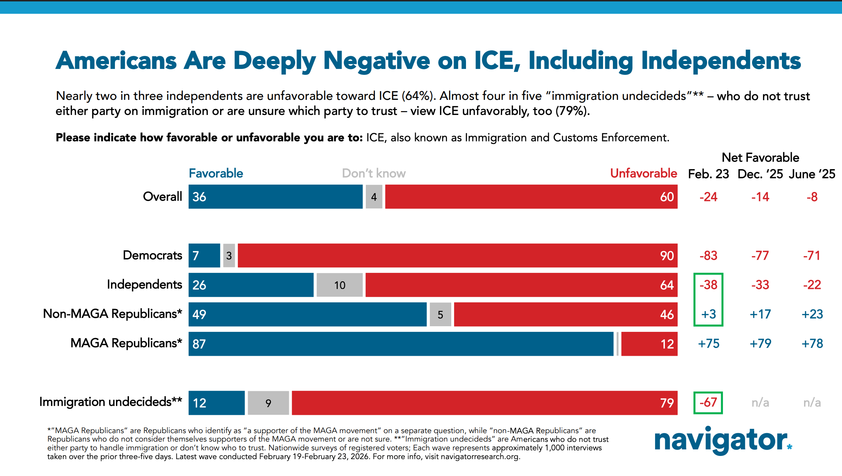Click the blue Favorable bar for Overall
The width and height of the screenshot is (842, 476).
275,197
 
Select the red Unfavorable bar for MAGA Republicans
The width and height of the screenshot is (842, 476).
649,344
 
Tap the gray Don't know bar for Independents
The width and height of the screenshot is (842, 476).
339,285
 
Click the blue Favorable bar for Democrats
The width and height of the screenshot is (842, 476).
204,256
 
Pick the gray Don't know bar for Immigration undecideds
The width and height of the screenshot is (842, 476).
268,403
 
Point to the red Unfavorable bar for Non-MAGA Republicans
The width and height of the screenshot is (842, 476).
565,314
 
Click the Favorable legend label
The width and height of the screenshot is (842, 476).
216,173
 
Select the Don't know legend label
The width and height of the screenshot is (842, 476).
374,173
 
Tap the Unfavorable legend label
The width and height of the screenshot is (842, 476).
643,173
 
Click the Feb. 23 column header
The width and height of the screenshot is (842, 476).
708,174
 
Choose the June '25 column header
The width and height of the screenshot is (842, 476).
812,174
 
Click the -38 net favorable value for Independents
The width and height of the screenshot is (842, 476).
708,285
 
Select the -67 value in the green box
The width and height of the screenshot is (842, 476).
708,402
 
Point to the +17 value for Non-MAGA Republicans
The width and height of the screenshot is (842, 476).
760,314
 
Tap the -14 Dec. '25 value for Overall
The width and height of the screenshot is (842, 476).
760,197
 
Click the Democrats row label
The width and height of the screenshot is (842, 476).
152,255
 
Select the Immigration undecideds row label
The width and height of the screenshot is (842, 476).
111,401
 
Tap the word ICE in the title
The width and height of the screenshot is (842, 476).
497,60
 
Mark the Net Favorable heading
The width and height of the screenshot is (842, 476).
760,157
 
